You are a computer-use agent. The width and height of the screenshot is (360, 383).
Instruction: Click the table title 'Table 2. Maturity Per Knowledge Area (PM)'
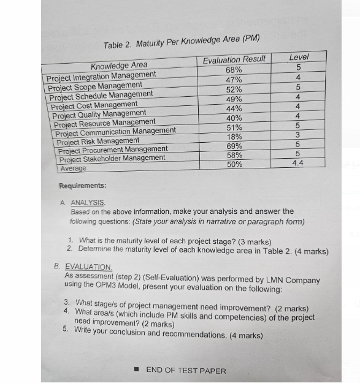pos(182,42)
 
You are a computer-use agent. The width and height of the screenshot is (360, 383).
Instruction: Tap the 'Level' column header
pos(299,57)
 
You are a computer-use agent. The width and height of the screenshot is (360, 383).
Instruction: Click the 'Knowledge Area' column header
pos(119,66)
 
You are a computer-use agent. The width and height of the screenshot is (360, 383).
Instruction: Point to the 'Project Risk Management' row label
pos(98,141)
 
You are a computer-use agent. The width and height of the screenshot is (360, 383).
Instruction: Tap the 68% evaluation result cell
pos(234,70)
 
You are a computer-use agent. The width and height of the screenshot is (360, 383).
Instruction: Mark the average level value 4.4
pos(297,164)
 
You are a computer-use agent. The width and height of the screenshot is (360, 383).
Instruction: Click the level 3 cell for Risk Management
pos(297,135)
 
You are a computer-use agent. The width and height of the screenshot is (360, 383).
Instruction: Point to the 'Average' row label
pos(72,167)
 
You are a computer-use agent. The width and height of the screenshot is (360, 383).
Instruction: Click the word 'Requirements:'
pos(82,186)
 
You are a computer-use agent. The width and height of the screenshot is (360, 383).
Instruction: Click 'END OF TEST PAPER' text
pos(186,370)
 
